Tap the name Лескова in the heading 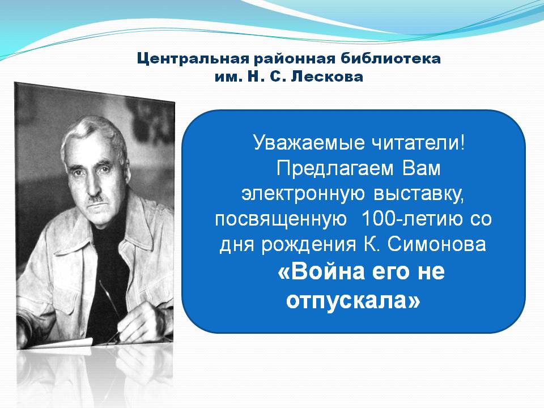(327, 76)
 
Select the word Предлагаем (335, 169)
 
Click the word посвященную (281, 220)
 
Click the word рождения (308, 245)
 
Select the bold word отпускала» (353, 300)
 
